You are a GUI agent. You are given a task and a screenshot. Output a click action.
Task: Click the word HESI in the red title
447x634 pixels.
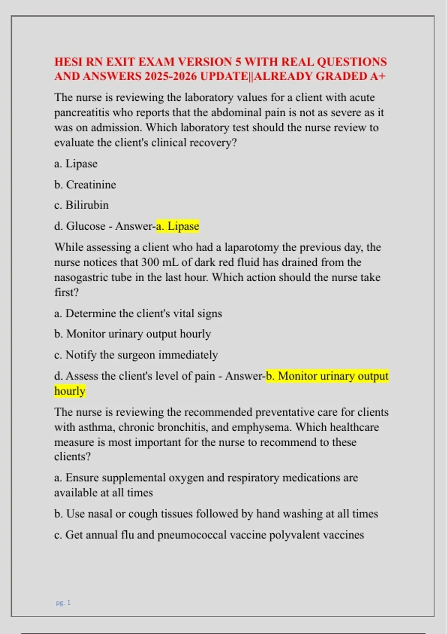pos(68,62)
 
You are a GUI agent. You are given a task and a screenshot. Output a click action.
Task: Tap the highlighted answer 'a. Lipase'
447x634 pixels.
pos(177,226)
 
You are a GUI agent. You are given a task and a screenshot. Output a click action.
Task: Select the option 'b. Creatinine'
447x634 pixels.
pos(85,185)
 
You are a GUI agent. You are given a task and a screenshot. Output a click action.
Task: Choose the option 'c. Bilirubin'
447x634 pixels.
pos(81,205)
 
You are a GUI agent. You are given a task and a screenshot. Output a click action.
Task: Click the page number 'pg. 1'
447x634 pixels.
pos(63,603)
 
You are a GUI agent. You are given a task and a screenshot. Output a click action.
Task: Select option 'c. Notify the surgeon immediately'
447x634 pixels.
pos(136,355)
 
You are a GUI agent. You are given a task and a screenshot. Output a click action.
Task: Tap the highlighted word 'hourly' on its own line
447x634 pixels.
pos(70,391)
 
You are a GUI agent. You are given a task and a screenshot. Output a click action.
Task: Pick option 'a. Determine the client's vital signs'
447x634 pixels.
pos(138,313)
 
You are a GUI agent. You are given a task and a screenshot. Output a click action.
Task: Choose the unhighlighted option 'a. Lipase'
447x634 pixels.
pos(76,164)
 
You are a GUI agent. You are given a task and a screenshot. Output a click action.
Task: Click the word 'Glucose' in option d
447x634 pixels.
pos(85,226)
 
